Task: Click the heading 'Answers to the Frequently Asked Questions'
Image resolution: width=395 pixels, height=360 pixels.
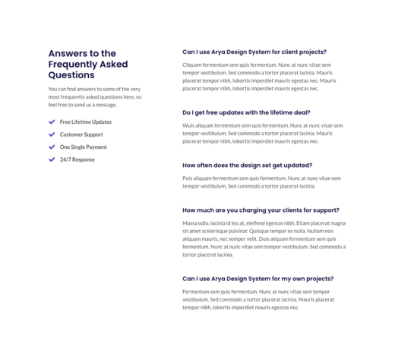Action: tap(88, 65)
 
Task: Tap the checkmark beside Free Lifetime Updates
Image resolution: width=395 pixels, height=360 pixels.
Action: tap(52, 122)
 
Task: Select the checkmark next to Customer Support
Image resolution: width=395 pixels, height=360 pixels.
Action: tap(52, 134)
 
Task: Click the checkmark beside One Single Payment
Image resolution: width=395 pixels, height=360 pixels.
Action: tap(52, 147)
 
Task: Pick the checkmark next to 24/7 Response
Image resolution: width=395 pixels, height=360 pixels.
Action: tap(52, 159)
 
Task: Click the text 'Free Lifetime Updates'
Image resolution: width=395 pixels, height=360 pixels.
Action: tap(86, 122)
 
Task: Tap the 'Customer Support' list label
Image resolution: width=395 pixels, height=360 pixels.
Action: tap(81, 134)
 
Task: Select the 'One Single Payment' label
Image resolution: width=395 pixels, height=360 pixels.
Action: tap(84, 147)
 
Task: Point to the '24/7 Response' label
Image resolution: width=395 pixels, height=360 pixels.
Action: tap(77, 159)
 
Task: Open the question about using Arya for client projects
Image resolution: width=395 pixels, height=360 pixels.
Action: tap(254, 52)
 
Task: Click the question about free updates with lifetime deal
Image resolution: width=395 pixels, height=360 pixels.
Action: tap(246, 112)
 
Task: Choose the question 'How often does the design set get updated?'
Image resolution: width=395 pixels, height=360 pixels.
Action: tap(247, 165)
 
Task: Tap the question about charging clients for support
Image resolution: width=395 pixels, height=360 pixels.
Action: tap(261, 210)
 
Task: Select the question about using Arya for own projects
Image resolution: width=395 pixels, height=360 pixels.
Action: tap(258, 279)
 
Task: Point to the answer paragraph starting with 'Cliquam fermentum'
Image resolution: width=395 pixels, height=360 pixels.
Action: tap(261, 77)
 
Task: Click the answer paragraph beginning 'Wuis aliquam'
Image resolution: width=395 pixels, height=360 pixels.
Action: tap(261, 133)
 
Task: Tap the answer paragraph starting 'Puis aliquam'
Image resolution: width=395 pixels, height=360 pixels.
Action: tap(261, 182)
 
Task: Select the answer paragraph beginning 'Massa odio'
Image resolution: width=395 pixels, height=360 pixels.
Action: tap(263, 238)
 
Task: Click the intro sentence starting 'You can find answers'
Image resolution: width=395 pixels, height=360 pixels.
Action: tap(95, 96)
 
